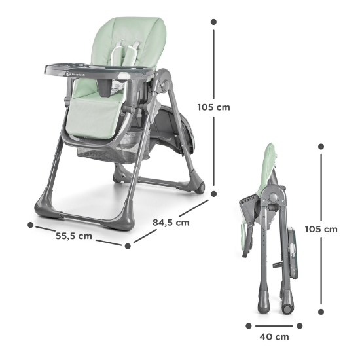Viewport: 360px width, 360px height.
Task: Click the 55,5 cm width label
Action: click(73, 236)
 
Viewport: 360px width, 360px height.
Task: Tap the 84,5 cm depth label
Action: click(171, 222)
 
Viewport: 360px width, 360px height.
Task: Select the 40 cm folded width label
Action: click(274, 337)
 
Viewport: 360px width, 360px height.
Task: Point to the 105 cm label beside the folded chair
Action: click(340, 229)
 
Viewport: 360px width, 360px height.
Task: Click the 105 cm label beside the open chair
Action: click(213, 107)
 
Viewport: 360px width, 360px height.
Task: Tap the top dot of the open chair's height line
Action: click(213, 22)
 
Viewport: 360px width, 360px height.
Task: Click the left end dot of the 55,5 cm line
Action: click(31, 225)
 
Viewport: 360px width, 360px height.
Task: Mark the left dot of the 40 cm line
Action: click(249, 325)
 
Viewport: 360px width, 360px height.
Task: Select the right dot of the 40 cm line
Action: click(298, 325)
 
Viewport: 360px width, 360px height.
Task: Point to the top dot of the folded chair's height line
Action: click(321, 145)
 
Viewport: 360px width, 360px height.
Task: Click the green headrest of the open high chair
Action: click(131, 33)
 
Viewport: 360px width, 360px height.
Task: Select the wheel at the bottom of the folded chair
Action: click(289, 307)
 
